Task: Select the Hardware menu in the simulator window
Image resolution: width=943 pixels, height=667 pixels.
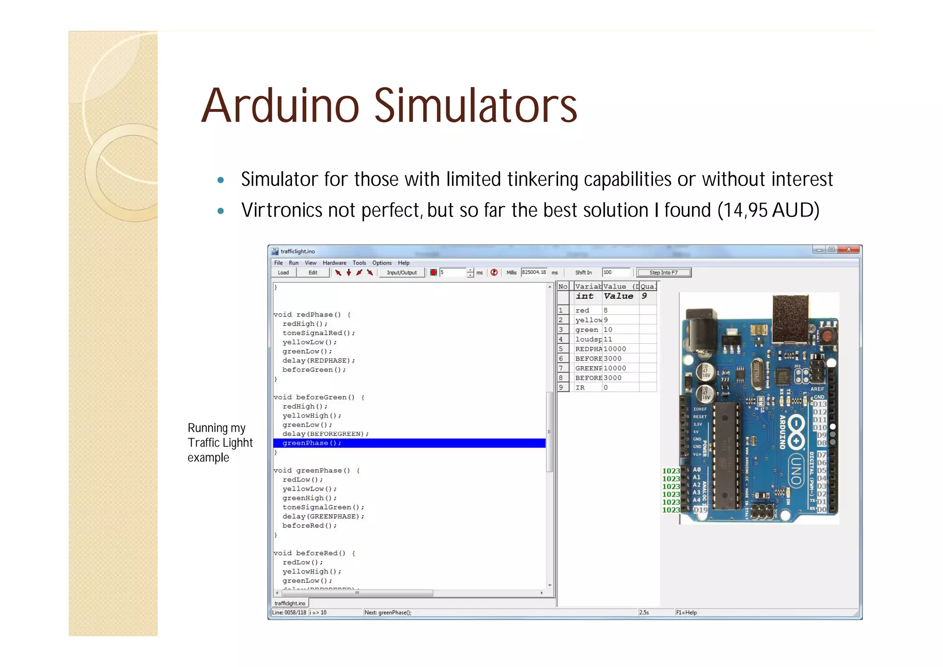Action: coord(334,263)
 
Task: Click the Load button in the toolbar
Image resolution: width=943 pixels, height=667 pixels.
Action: coord(283,273)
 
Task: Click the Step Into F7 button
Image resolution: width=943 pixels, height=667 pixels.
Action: coord(664,273)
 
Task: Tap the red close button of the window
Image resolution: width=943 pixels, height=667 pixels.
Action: coord(849,250)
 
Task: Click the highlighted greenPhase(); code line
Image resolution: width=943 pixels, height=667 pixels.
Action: coord(312,443)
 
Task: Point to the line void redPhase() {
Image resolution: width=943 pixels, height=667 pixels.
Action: coord(312,315)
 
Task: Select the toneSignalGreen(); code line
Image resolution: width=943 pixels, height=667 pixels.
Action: coord(323,507)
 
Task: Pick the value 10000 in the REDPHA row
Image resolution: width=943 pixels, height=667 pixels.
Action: coord(615,349)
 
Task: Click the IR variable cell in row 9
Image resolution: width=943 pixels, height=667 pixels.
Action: coord(580,388)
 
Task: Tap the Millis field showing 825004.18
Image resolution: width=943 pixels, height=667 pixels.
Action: coord(534,273)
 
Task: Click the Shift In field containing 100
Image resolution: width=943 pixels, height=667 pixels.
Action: coord(616,273)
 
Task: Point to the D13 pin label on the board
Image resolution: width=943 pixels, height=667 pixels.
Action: coord(820,404)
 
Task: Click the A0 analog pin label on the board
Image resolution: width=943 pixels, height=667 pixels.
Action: coord(697,470)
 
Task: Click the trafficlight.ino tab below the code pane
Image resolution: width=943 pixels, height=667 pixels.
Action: coord(290,603)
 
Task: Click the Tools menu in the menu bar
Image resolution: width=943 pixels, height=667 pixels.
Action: coord(359,263)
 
